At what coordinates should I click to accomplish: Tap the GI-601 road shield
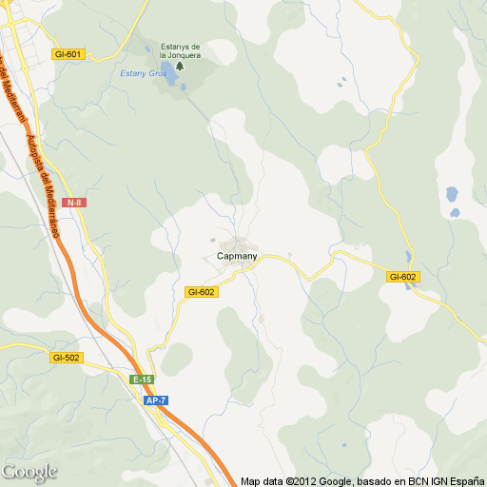coord(69,54)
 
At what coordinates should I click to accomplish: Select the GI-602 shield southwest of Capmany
coord(202,292)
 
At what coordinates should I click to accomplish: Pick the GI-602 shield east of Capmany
coord(403,277)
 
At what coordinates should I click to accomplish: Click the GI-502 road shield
coord(67,358)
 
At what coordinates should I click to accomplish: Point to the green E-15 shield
coord(142,380)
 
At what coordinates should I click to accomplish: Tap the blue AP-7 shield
coord(157,400)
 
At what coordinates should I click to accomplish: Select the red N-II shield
coord(73,203)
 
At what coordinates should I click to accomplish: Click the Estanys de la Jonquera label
coord(180,50)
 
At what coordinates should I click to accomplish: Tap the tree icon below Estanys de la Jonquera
coord(180,66)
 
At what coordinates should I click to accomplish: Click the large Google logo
coord(29,472)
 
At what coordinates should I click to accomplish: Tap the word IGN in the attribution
coord(426,481)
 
